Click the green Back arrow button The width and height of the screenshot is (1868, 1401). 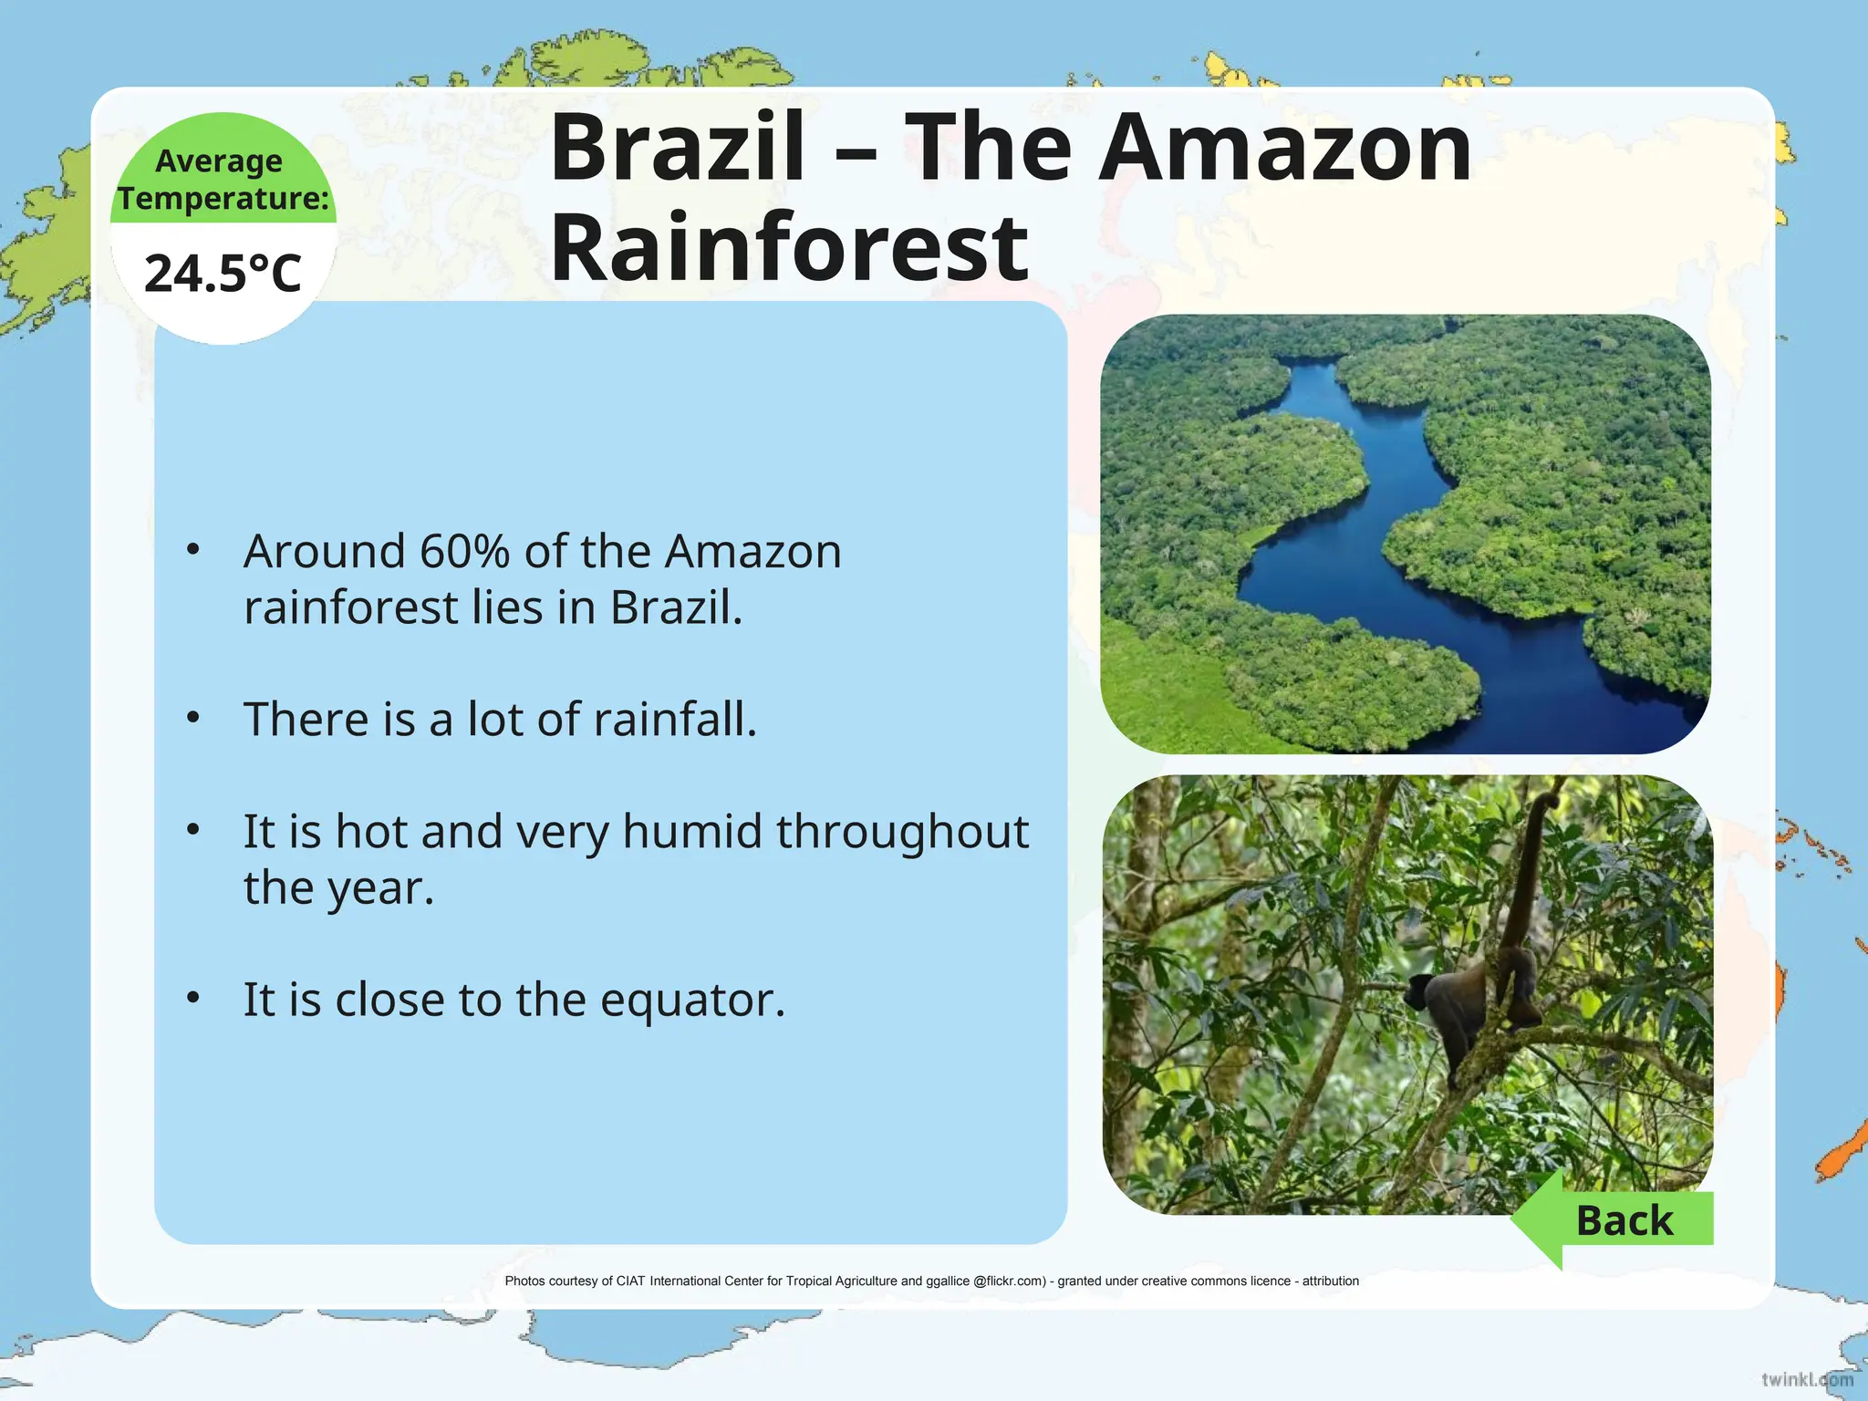[x=1614, y=1220]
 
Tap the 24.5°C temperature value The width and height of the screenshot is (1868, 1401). [x=223, y=274]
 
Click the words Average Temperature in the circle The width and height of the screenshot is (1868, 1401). [x=223, y=179]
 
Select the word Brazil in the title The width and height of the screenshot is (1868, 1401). [x=678, y=148]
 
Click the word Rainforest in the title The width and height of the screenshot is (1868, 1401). [x=789, y=248]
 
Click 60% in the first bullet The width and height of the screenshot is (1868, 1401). [x=464, y=552]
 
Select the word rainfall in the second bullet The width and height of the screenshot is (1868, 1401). [x=675, y=720]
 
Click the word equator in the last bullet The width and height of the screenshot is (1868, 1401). [x=691, y=1001]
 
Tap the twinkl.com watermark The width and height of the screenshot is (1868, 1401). [x=1806, y=1379]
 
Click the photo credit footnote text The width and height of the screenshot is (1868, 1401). [x=931, y=1282]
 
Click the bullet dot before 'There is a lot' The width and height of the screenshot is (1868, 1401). [x=192, y=718]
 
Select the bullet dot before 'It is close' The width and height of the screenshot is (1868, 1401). [x=192, y=998]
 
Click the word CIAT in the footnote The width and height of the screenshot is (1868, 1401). [x=630, y=1282]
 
